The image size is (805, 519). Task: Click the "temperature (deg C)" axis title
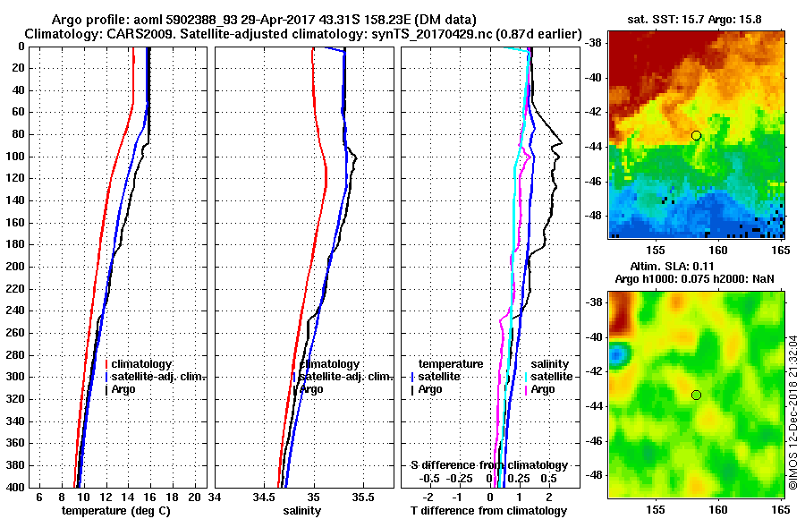pyautogui.click(x=115, y=510)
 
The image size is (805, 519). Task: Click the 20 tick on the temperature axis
pyautogui.click(x=196, y=497)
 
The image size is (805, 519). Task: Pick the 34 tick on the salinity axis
pyautogui.click(x=215, y=497)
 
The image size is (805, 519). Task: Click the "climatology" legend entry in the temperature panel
pyautogui.click(x=142, y=364)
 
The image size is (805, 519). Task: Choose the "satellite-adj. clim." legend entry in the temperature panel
pyautogui.click(x=157, y=377)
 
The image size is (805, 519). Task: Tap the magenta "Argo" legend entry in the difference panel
pyautogui.click(x=542, y=389)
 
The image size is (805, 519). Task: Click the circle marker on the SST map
pyautogui.click(x=696, y=135)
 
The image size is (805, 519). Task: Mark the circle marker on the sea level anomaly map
pyautogui.click(x=696, y=395)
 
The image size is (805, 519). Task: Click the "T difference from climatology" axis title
pyautogui.click(x=488, y=510)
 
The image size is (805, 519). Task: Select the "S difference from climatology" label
pyautogui.click(x=488, y=465)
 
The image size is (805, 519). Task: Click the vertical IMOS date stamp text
pyautogui.click(x=793, y=412)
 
